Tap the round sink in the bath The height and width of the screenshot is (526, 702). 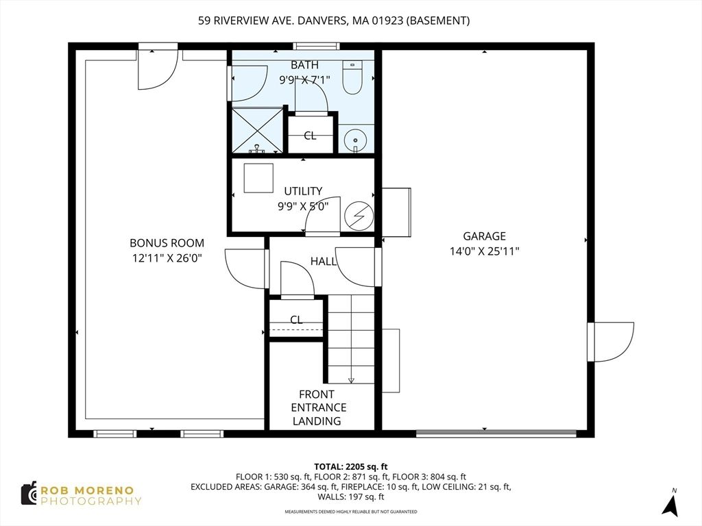click(x=355, y=140)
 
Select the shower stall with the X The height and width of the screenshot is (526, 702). click(x=257, y=130)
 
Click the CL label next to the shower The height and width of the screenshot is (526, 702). click(x=310, y=136)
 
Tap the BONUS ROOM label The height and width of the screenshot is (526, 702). click(x=167, y=243)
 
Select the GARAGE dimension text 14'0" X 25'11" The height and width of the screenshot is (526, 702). click(x=484, y=251)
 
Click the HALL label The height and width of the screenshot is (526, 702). click(x=323, y=261)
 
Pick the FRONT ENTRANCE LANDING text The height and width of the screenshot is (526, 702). click(x=317, y=408)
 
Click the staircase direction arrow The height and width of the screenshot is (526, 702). click(x=351, y=380)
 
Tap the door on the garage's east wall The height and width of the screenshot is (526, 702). click(x=610, y=342)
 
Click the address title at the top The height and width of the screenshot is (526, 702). click(x=334, y=21)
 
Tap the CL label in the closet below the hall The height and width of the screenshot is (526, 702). click(x=296, y=320)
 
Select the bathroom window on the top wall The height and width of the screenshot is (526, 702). click(x=316, y=47)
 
